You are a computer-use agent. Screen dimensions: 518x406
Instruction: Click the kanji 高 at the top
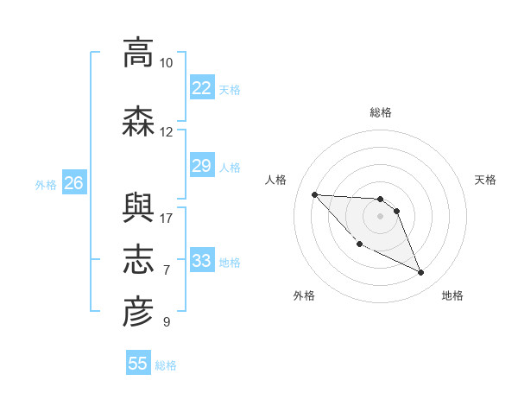[x=138, y=53]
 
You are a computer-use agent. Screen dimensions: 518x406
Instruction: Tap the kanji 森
[x=138, y=121]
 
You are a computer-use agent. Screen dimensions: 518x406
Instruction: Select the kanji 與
[x=138, y=208]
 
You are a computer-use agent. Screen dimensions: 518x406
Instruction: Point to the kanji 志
[x=138, y=259]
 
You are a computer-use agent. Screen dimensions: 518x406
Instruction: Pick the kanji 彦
[x=138, y=312]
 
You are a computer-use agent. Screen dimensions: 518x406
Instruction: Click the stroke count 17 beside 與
[x=166, y=219]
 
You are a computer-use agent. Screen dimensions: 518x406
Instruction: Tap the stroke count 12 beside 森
[x=166, y=132]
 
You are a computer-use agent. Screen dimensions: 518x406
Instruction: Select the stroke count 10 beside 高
[x=166, y=63]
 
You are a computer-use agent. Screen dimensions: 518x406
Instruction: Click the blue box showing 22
[x=203, y=87]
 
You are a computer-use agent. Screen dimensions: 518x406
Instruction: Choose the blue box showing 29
[x=203, y=165]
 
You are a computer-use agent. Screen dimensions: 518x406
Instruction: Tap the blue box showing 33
[x=203, y=259]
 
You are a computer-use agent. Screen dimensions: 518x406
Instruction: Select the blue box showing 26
[x=74, y=182]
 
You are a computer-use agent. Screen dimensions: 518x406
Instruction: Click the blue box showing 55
[x=138, y=362]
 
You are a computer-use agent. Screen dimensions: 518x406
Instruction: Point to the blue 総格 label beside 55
[x=166, y=365]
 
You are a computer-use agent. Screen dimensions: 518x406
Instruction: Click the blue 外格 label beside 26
[x=46, y=185]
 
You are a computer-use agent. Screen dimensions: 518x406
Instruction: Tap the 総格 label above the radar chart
[x=381, y=113]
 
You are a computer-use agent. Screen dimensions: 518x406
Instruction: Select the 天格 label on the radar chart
[x=485, y=180]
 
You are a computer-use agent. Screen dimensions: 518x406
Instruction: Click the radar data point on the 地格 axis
[x=421, y=273]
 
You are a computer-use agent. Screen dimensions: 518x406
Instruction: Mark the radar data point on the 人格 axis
[x=315, y=194]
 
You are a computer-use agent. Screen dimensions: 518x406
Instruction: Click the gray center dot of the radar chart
[x=380, y=216]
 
